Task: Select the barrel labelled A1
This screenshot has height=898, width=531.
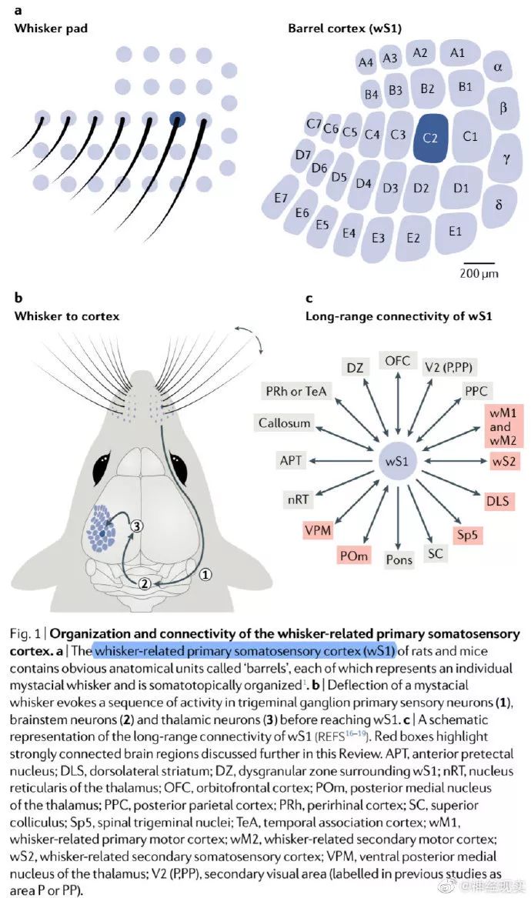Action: (457, 53)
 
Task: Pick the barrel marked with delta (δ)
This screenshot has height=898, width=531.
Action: (499, 205)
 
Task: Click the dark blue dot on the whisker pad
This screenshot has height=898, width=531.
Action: (178, 119)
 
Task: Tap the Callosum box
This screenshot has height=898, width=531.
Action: (285, 422)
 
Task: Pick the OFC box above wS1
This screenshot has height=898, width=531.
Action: (398, 361)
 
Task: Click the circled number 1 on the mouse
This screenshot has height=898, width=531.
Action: (205, 574)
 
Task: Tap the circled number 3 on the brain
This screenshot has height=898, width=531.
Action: (136, 526)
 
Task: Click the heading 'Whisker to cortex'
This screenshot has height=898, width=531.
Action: (67, 315)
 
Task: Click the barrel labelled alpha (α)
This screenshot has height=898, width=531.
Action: (498, 68)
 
